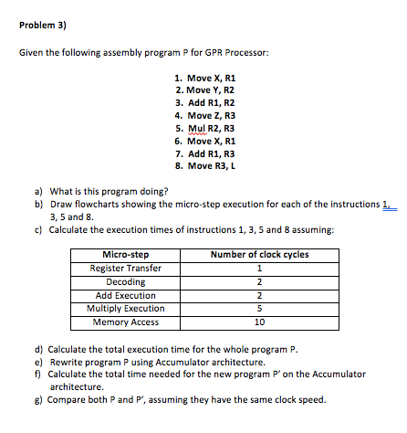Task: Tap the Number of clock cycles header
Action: tap(259, 255)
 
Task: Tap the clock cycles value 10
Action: tap(260, 322)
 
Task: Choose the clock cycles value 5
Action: tap(260, 309)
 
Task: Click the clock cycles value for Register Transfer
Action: tap(260, 269)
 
